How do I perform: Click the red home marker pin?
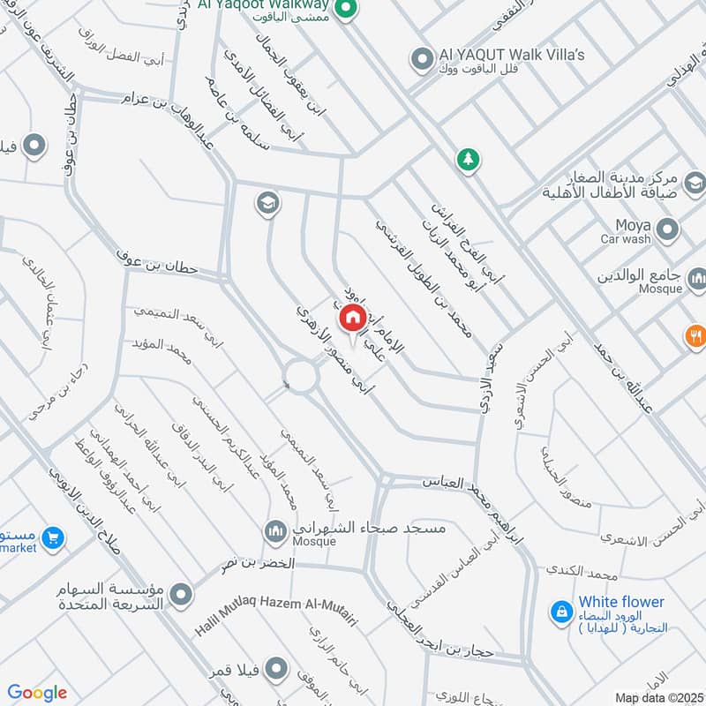point(350,319)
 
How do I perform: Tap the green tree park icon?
point(467,160)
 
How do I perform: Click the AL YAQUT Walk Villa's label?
point(512,56)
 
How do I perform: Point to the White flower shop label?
point(621,602)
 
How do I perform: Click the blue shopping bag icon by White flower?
point(560,610)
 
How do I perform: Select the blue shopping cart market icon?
point(54,536)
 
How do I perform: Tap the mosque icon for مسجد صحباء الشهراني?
point(274,531)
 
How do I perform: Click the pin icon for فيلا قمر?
point(277,668)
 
